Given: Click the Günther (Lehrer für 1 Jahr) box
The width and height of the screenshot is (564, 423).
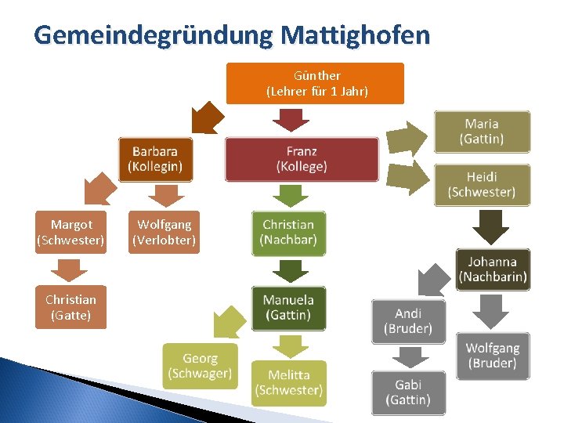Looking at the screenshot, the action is (315, 84).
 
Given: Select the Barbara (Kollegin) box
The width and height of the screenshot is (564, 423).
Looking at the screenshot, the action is (155, 159).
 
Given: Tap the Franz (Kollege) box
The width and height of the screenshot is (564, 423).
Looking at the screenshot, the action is (302, 159).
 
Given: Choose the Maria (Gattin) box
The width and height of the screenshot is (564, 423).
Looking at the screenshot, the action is (482, 132).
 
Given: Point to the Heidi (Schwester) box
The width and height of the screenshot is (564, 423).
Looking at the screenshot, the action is (482, 185).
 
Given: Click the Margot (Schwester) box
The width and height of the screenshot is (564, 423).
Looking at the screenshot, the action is (70, 233).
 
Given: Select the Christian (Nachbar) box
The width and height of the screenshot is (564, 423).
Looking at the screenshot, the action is (288, 233).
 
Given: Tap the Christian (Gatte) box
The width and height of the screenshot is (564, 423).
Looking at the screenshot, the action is (70, 307).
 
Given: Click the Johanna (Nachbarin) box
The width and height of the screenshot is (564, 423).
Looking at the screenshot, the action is (493, 269).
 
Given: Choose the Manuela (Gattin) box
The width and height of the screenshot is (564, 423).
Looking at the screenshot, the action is (288, 307).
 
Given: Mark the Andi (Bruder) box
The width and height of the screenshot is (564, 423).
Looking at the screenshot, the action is (408, 321).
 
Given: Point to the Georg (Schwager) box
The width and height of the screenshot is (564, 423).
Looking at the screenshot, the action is (200, 366).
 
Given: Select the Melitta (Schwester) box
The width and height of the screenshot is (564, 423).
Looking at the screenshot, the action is (288, 383).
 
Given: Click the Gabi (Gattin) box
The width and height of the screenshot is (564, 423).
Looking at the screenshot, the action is (408, 392).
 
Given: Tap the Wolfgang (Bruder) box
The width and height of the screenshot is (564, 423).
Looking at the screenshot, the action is (492, 356).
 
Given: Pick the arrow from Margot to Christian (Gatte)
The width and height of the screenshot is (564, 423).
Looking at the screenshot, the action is (70, 269).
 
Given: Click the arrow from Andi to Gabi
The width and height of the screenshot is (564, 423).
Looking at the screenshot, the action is (408, 357).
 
